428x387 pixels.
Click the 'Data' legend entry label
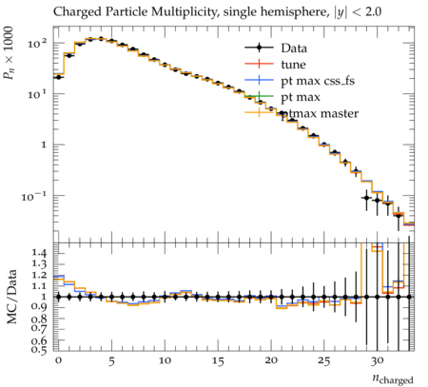294,48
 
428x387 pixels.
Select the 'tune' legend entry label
293,65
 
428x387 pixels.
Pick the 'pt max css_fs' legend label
318,81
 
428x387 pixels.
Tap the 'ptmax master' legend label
320,113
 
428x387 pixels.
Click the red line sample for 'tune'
259,64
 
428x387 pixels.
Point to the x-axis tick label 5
111,361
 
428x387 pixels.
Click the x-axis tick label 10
165,361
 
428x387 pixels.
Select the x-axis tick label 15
218,361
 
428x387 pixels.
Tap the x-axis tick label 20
271,361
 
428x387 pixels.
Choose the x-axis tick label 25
324,361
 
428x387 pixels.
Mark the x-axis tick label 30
378,361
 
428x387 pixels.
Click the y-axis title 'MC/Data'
12,297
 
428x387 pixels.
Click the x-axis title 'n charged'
393,379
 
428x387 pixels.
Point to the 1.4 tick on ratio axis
39,253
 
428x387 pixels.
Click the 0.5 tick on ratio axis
39,350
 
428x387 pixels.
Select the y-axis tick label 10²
37,43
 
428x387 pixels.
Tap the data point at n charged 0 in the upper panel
58,77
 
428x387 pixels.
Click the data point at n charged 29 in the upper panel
367,198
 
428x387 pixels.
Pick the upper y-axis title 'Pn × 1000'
9,53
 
